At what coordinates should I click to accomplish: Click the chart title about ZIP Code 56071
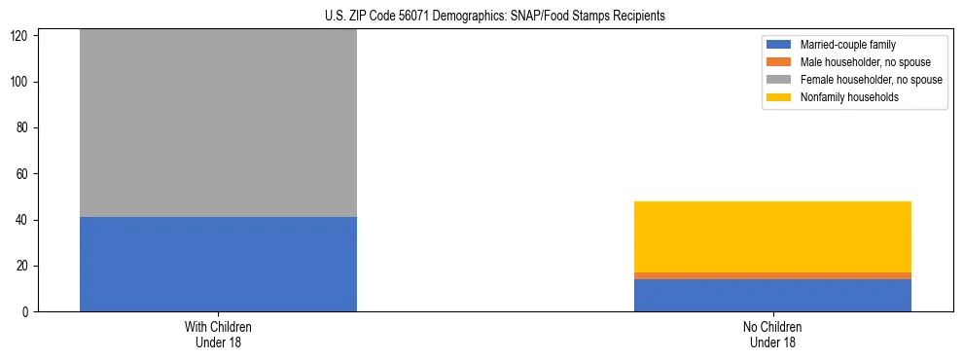(481, 16)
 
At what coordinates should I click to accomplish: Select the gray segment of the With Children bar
(218, 123)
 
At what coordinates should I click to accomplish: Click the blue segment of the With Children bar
(218, 264)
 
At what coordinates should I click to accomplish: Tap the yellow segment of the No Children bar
(772, 236)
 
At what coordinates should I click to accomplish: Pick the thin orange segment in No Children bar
(772, 275)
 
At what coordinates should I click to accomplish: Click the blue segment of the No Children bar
(772, 295)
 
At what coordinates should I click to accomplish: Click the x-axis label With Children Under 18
(218, 334)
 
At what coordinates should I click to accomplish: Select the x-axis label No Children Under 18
(772, 334)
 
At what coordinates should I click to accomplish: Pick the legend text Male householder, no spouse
(856, 62)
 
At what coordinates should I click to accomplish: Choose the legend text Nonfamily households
(841, 97)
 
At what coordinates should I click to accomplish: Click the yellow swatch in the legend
(780, 97)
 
